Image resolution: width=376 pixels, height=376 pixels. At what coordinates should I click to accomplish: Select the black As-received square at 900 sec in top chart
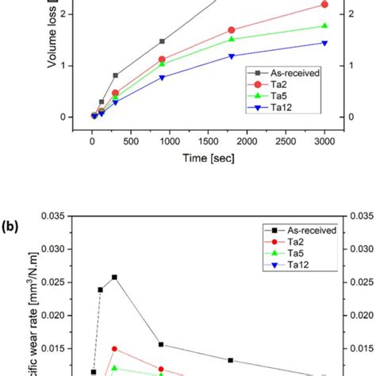click(x=162, y=41)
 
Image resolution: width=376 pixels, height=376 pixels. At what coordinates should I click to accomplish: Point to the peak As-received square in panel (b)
click(x=115, y=277)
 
